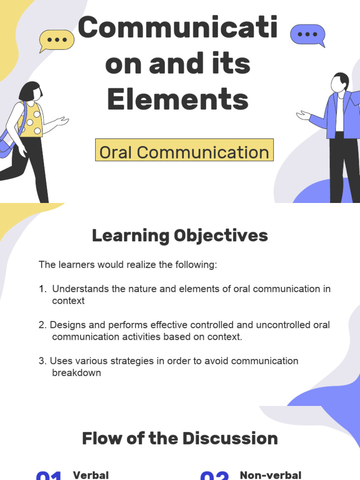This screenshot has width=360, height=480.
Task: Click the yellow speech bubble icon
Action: tap(57, 40)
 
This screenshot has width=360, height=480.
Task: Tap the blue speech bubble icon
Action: tap(307, 35)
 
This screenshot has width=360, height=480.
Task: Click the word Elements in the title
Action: tap(178, 99)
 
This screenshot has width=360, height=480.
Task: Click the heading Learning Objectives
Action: tap(180, 236)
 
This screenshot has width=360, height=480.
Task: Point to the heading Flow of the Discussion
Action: tap(180, 439)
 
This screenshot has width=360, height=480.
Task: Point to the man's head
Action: tap(339, 82)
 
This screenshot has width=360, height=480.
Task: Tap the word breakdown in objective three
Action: tap(76, 373)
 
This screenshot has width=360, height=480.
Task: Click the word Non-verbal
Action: tap(270, 475)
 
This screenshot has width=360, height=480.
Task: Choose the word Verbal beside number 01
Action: tap(91, 475)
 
